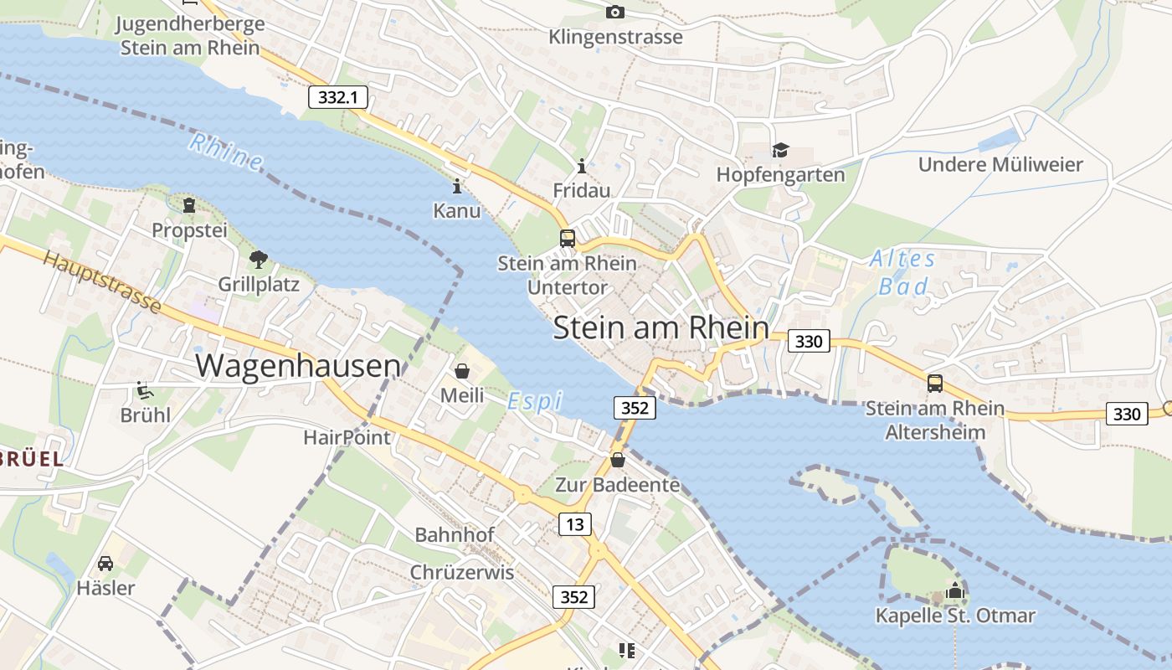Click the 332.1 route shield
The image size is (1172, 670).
click(x=338, y=97)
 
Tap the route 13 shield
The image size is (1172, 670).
click(x=574, y=524)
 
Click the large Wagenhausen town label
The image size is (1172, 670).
click(x=298, y=366)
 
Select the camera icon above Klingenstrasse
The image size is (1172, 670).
click(x=615, y=12)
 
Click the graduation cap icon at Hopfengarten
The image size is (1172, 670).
click(x=780, y=150)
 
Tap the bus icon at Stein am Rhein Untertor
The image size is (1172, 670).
click(x=568, y=238)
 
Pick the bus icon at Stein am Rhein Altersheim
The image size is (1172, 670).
click(x=934, y=384)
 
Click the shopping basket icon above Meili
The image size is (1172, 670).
click(x=462, y=370)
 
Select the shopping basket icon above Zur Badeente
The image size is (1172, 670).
click(x=618, y=460)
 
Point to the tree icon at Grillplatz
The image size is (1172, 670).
click(x=259, y=260)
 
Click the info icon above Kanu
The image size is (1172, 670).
click(x=456, y=186)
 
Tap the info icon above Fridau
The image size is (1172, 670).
click(x=582, y=166)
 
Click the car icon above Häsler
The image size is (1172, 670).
click(x=105, y=563)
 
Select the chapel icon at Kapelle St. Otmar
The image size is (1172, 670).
click(x=955, y=591)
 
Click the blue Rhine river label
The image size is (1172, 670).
click(x=225, y=152)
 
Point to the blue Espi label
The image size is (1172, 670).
click(x=535, y=401)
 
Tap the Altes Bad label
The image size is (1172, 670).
click(x=902, y=273)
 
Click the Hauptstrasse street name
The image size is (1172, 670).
click(x=102, y=281)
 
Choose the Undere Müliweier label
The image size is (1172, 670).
click(x=1000, y=164)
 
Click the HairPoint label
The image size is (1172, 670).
click(x=347, y=437)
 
